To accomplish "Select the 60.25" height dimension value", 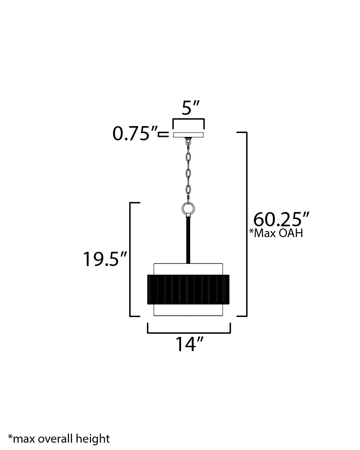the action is pyautogui.click(x=281, y=219).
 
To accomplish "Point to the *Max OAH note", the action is pyautogui.click(x=276, y=233).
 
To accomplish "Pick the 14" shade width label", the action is pyautogui.click(x=189, y=344).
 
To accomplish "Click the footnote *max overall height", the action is pyautogui.click(x=59, y=439).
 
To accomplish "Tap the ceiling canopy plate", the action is pyautogui.click(x=188, y=135).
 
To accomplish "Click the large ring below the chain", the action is pyautogui.click(x=188, y=209).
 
